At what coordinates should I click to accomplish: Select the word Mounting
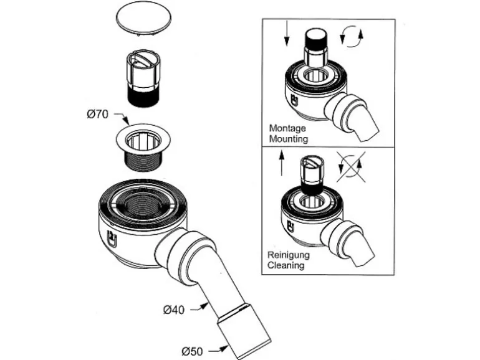[289, 138]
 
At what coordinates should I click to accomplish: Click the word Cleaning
[286, 265]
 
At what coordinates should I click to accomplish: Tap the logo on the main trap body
[113, 235]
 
